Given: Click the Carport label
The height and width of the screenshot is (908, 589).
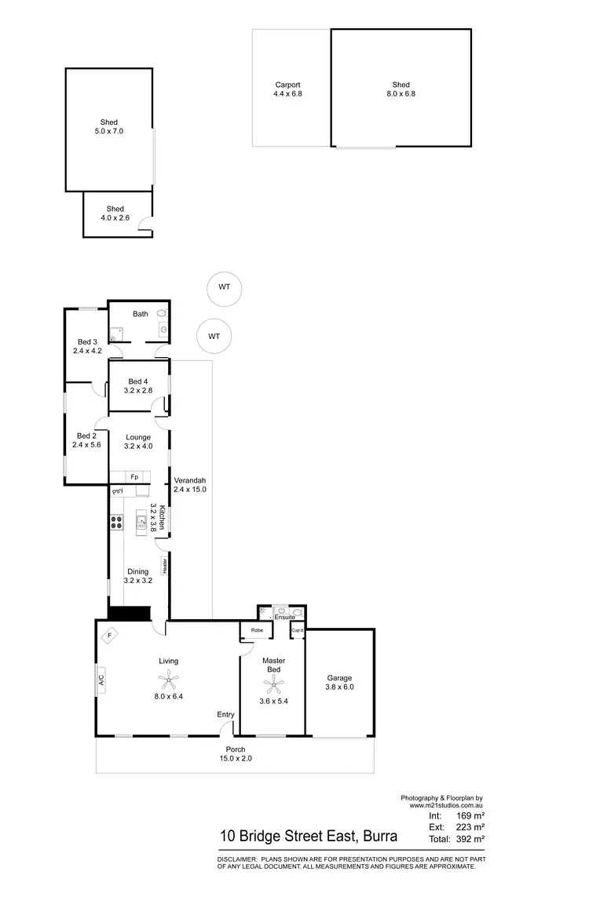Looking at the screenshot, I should click(x=287, y=85).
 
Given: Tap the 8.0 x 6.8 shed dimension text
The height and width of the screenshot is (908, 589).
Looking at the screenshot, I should click(x=401, y=94).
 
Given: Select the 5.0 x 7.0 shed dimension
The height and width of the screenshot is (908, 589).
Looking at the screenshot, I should click(x=108, y=131).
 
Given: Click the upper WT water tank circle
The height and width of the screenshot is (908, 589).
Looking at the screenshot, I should click(x=225, y=287).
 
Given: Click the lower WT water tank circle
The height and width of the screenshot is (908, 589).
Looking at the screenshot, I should click(x=214, y=337).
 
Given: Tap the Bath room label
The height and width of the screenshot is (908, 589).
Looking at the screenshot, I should click(x=140, y=314).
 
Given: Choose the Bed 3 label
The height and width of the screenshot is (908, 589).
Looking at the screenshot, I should click(x=87, y=341).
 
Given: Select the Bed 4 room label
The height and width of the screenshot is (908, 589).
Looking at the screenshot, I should click(x=138, y=382).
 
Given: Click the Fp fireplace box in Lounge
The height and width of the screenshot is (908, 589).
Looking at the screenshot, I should click(x=134, y=476).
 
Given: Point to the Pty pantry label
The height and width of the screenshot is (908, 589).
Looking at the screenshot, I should click(x=119, y=491).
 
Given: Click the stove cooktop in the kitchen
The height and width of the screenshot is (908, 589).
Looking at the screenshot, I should click(x=117, y=521).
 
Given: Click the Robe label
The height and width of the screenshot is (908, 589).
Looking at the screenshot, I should click(x=257, y=630).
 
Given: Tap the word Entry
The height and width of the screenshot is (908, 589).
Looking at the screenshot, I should click(x=226, y=714).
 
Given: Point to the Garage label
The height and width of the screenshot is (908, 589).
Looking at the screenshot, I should click(x=339, y=678).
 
